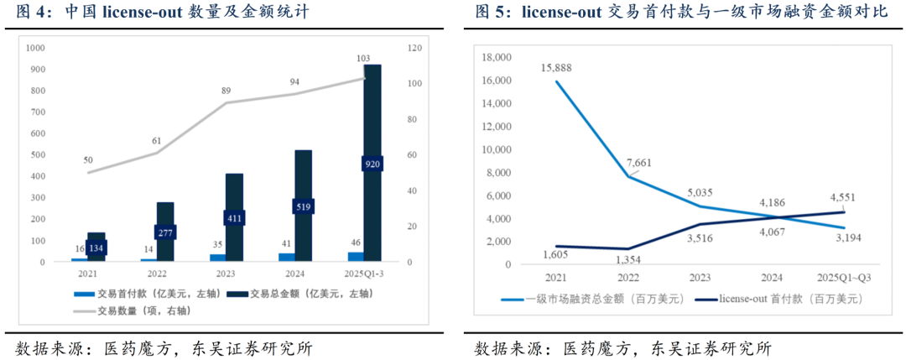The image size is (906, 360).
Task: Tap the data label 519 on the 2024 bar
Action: click(x=304, y=206)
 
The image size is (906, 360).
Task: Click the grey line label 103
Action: click(x=363, y=59)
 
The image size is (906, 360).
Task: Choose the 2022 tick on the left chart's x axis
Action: click(x=158, y=273)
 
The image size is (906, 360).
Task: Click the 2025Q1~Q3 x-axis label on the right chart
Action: click(x=843, y=278)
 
